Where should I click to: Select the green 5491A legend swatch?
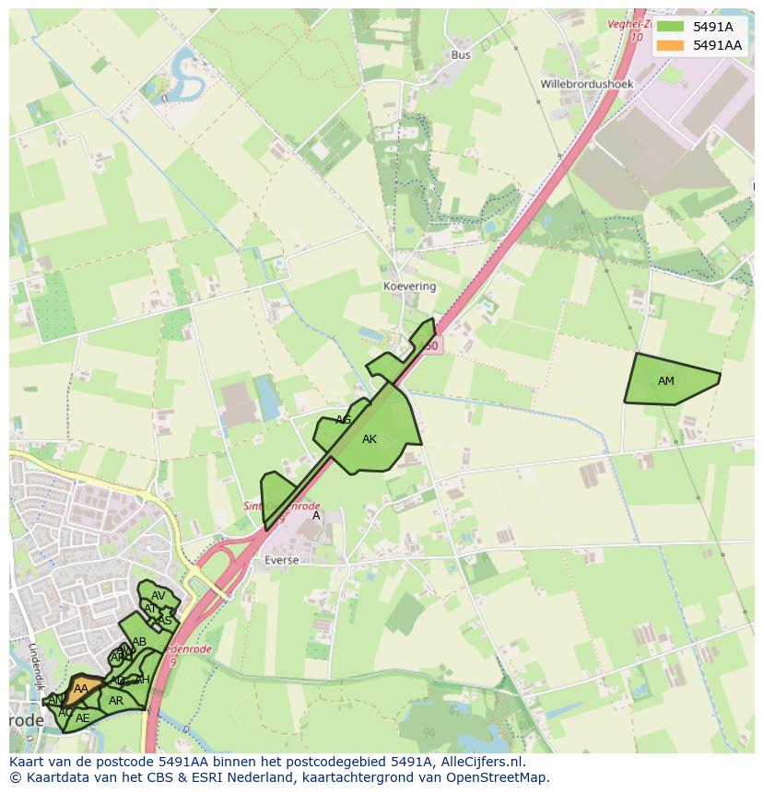click(670, 27)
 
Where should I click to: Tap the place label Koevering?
click(409, 286)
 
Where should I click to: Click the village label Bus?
click(461, 55)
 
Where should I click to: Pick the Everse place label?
click(281, 559)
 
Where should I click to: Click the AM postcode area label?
click(666, 380)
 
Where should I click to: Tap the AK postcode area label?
click(370, 439)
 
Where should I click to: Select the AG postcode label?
click(344, 420)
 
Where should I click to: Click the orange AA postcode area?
click(81, 688)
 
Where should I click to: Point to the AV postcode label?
click(158, 595)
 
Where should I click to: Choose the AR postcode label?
click(116, 701)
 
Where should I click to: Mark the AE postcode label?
click(83, 717)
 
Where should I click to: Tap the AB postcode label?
click(139, 642)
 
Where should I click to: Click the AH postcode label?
click(142, 680)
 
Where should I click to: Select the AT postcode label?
click(150, 608)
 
